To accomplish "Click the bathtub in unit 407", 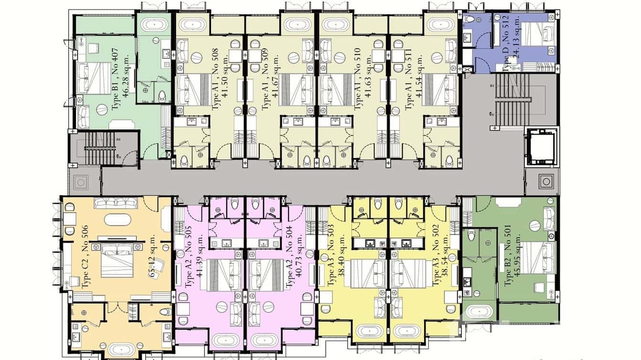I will pyautogui.click(x=151, y=25).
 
